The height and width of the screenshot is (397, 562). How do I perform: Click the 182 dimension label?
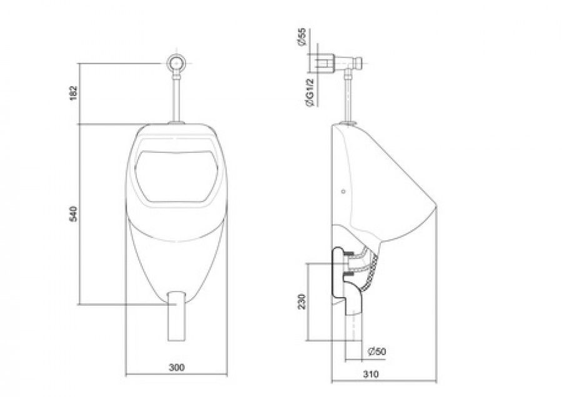pyautogui.click(x=73, y=93)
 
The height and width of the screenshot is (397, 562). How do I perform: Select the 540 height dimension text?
pyautogui.click(x=73, y=213)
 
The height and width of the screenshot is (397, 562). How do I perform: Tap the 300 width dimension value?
pyautogui.click(x=177, y=367)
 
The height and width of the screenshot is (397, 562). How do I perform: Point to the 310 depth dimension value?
pyautogui.click(x=370, y=375)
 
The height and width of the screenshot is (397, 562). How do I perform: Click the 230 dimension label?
pyautogui.click(x=302, y=301)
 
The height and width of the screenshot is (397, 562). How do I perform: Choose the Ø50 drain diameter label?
pyautogui.click(x=377, y=351)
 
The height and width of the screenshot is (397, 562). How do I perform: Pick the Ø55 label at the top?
pyautogui.click(x=302, y=37)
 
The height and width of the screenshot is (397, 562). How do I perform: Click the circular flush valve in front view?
pyautogui.click(x=176, y=63)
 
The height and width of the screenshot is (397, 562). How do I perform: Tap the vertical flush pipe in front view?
pyautogui.click(x=176, y=97)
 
